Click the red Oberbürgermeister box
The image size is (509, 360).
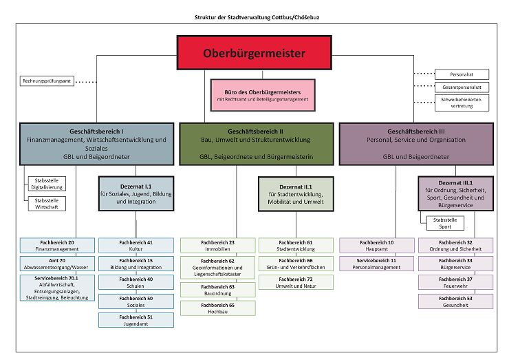(254, 53)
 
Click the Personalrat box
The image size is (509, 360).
(462, 74)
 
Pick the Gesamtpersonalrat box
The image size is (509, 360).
(462, 87)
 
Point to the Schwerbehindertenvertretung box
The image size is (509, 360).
(462, 103)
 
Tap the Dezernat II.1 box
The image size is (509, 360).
(295, 192)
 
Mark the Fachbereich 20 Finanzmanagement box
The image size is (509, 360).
(56, 245)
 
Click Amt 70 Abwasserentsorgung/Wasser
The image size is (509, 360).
(56, 264)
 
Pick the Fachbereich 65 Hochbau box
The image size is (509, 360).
(217, 308)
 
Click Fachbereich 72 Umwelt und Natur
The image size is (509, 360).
(295, 282)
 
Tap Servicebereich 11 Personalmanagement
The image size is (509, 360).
(377, 264)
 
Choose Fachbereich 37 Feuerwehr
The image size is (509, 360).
(455, 282)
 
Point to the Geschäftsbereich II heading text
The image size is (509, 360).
(254, 131)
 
